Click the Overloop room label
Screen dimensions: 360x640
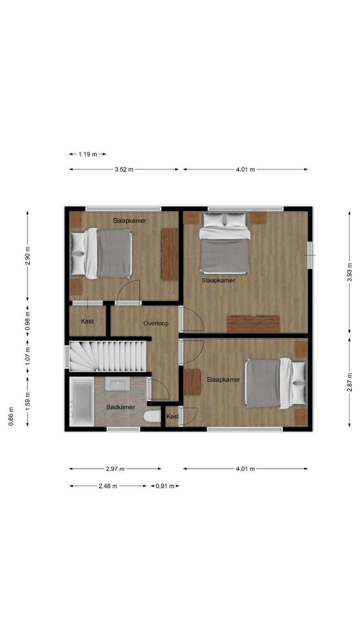click(x=156, y=324)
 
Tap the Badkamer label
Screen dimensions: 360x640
click(x=120, y=407)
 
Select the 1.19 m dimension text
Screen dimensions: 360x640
click(x=88, y=154)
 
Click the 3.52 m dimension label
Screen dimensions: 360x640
click(x=124, y=170)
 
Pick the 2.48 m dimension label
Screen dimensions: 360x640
click(x=108, y=486)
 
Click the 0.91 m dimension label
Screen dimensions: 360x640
click(x=165, y=486)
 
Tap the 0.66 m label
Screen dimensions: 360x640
click(x=11, y=416)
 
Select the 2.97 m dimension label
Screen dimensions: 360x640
click(x=115, y=469)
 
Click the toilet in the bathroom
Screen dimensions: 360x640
click(x=152, y=416)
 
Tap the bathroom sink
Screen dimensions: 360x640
click(x=118, y=384)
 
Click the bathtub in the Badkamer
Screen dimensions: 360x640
click(x=82, y=401)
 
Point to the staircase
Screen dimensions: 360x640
click(x=108, y=356)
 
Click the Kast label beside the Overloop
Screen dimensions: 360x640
click(x=87, y=321)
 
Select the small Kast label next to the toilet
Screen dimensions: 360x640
click(x=172, y=416)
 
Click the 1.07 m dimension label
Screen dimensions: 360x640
click(x=28, y=356)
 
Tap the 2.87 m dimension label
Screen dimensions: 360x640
click(x=350, y=382)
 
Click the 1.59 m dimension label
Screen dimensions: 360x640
click(x=28, y=402)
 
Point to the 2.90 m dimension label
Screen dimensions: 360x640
click(x=28, y=256)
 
